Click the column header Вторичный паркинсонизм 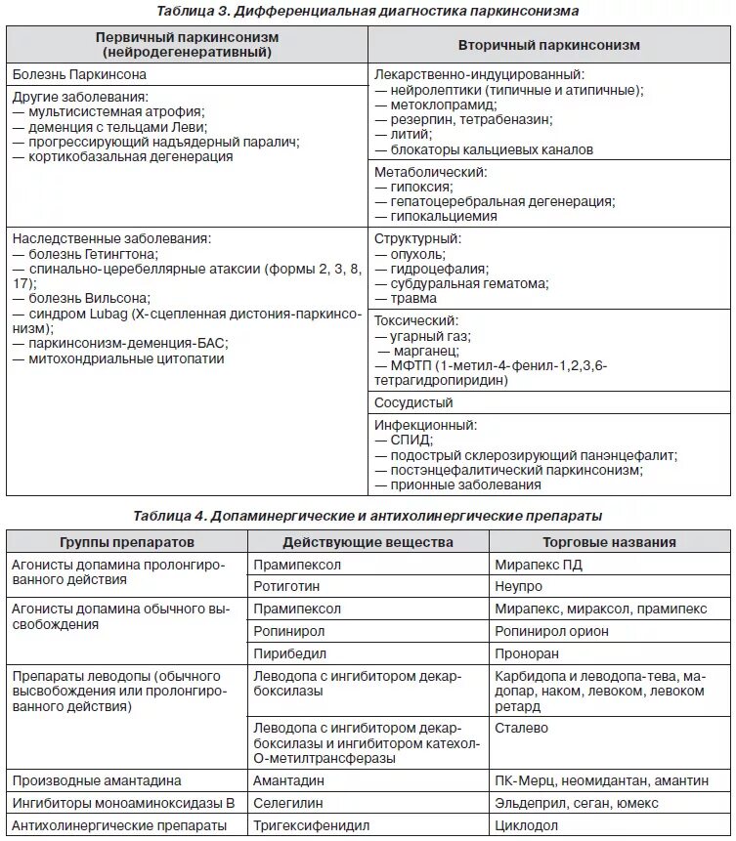click(x=548, y=45)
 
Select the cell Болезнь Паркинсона click(x=70, y=74)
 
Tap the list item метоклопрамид click(x=434, y=105)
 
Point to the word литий click(x=411, y=134)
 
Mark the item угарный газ click(x=425, y=335)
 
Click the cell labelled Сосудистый click(x=413, y=402)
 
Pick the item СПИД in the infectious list click(x=411, y=441)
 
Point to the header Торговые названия click(x=610, y=542)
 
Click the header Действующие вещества click(x=368, y=542)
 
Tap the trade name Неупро click(x=519, y=587)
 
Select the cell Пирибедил click(x=289, y=653)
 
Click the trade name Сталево click(x=522, y=728)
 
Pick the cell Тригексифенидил click(x=312, y=826)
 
